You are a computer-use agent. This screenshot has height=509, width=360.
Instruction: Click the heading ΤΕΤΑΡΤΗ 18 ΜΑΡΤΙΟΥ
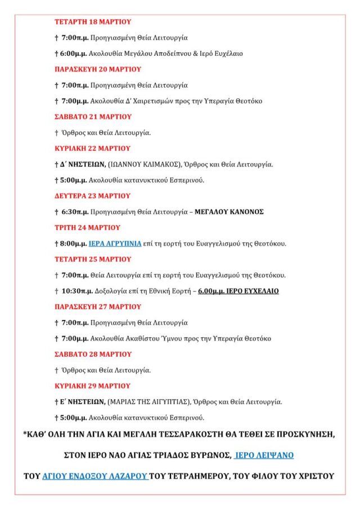coord(92,22)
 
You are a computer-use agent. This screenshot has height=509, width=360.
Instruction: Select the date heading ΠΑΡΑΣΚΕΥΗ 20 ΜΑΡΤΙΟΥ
coord(97,69)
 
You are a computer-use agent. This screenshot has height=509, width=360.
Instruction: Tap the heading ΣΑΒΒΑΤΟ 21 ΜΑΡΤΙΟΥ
coord(93,116)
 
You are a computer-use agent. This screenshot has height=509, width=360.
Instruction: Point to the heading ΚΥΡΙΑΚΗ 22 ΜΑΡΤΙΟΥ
coord(92,148)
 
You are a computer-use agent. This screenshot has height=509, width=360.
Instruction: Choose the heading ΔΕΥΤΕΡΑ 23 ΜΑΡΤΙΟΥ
coord(92,196)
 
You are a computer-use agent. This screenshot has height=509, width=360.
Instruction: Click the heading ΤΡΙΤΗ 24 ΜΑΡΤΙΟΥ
coord(87,228)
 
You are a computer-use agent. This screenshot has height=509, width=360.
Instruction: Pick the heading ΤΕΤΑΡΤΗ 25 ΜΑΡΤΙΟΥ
coord(92,259)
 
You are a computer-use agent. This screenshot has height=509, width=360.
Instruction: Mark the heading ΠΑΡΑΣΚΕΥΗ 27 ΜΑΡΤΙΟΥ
coord(97,307)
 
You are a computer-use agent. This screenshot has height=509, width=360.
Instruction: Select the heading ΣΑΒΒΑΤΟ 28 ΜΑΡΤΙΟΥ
coord(93,354)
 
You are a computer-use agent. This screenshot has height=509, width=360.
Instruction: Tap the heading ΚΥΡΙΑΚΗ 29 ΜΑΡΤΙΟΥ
coord(92,386)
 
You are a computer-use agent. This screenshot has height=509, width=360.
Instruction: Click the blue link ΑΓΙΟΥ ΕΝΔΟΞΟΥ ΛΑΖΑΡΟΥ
coord(95,476)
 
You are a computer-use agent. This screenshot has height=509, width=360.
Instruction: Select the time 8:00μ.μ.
coord(74,244)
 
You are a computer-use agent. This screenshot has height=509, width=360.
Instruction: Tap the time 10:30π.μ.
coord(77,291)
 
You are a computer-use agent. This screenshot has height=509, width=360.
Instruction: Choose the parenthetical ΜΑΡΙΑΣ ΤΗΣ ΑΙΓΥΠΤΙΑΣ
coord(149,402)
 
